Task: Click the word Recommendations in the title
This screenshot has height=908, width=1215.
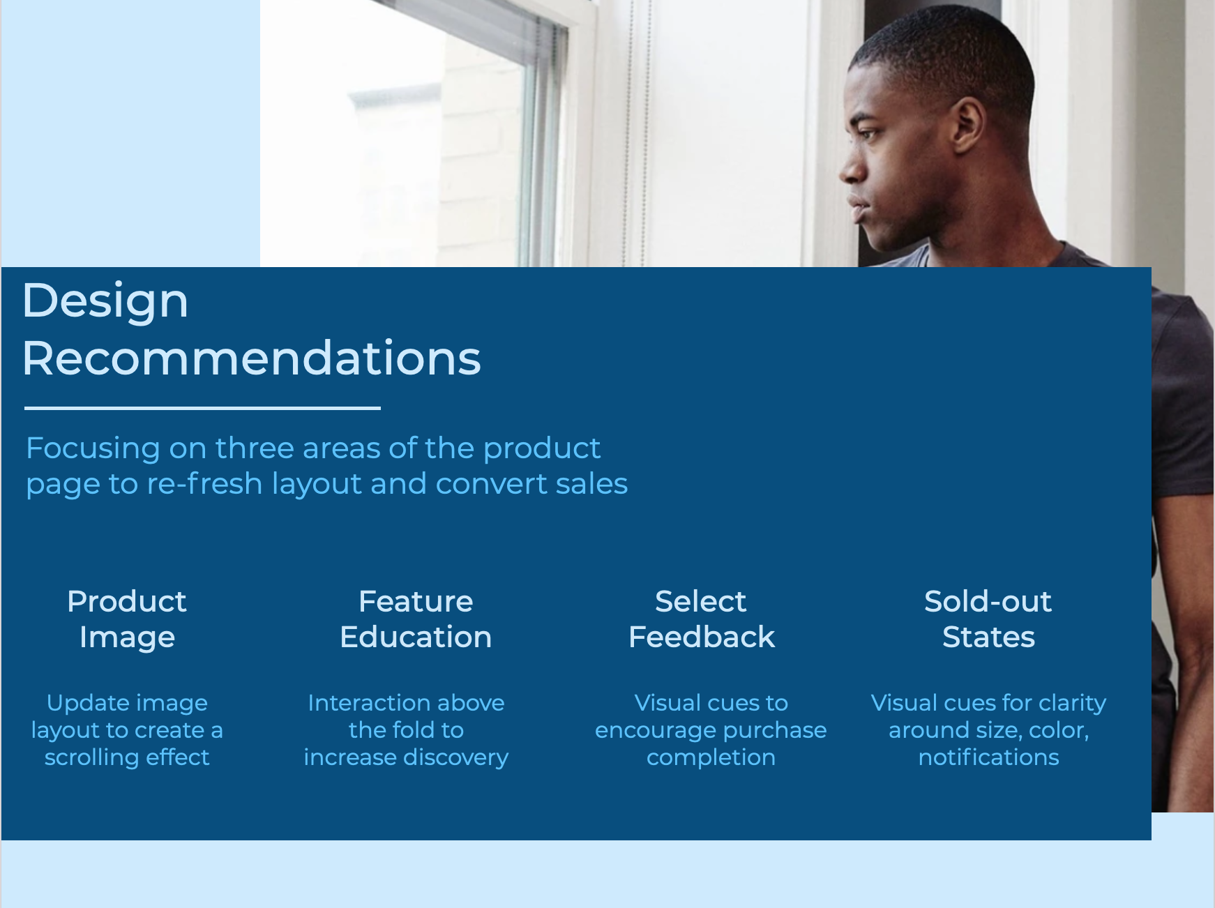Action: pyautogui.click(x=252, y=358)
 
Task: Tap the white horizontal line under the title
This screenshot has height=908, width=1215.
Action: pyautogui.click(x=202, y=408)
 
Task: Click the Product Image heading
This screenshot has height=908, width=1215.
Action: pyautogui.click(x=127, y=619)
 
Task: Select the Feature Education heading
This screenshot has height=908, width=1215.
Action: pyautogui.click(x=416, y=619)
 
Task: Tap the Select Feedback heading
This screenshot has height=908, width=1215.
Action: pyautogui.click(x=702, y=619)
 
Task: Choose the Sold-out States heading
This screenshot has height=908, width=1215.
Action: pyautogui.click(x=988, y=619)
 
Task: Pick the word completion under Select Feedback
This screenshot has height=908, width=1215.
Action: pyautogui.click(x=711, y=757)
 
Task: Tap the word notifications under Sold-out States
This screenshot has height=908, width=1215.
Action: pyautogui.click(x=988, y=757)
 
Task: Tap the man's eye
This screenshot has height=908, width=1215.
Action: pyautogui.click(x=866, y=132)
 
